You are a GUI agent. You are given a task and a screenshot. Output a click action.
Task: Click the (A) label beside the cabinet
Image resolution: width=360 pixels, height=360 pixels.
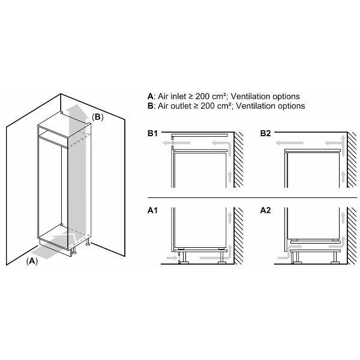coord(32,262)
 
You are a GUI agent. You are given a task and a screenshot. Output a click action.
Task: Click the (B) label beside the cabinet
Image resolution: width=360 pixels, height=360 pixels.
coord(98,117)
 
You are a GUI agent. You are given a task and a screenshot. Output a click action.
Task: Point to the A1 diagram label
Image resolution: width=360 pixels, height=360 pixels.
coord(153,211)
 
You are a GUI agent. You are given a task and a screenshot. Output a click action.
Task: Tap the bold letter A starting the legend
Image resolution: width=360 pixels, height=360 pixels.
coord(150,96)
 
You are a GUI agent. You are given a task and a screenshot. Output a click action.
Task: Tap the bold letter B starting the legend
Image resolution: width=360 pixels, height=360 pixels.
coord(150,106)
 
